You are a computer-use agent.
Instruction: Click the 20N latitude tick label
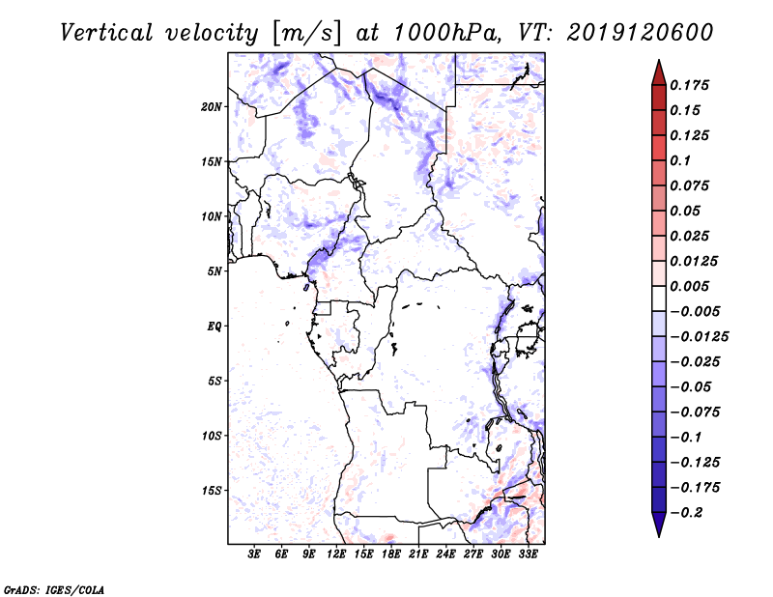tap(212, 106)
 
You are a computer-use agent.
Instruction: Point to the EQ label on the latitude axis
tap(214, 327)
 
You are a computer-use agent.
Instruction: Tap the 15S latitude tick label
tap(212, 491)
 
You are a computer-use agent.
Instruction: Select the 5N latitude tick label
tap(215, 271)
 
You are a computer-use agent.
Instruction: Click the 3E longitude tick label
tap(255, 555)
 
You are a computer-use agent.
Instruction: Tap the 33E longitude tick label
tap(529, 555)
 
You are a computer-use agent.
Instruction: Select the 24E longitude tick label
tap(446, 555)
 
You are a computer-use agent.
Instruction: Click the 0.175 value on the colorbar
tap(692, 85)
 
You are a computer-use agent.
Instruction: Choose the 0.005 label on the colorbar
tap(692, 286)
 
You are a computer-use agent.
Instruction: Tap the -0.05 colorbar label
tap(693, 386)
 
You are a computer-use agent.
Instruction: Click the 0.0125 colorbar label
tap(696, 261)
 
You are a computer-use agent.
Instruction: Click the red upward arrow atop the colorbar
tap(658, 71)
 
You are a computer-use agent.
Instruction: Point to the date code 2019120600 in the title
tap(628, 32)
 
